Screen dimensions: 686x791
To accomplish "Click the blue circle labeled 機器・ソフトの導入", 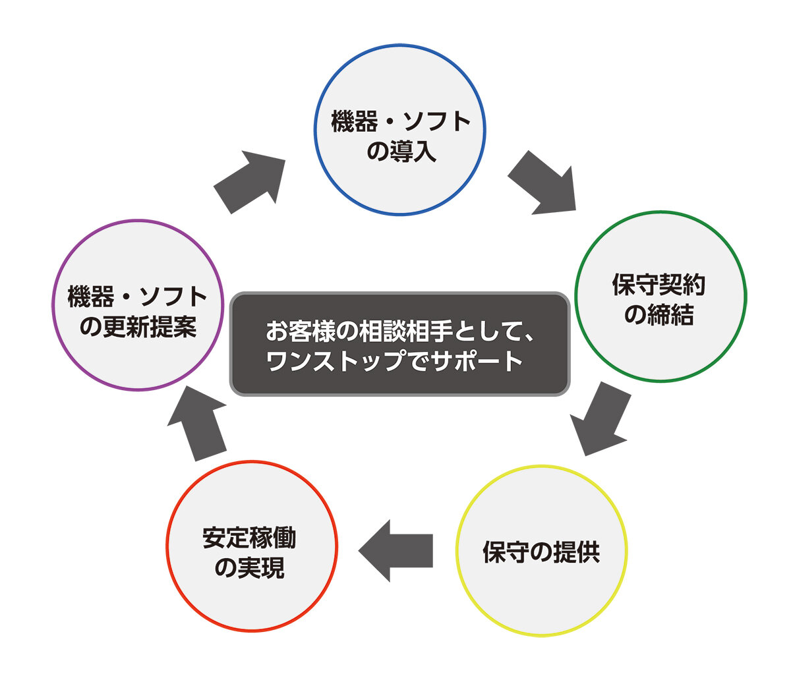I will [399, 130].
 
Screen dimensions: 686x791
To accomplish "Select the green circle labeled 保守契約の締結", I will [660, 297].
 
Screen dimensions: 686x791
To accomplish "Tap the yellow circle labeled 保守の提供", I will [541, 551].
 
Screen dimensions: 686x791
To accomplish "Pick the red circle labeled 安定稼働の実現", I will [252, 546].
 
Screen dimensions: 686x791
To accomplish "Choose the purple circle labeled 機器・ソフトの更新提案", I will [138, 305].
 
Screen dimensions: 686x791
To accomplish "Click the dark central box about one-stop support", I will [399, 344].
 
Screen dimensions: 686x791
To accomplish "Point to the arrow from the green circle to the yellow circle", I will [599, 418].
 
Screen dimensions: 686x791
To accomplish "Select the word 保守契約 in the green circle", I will [659, 285].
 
